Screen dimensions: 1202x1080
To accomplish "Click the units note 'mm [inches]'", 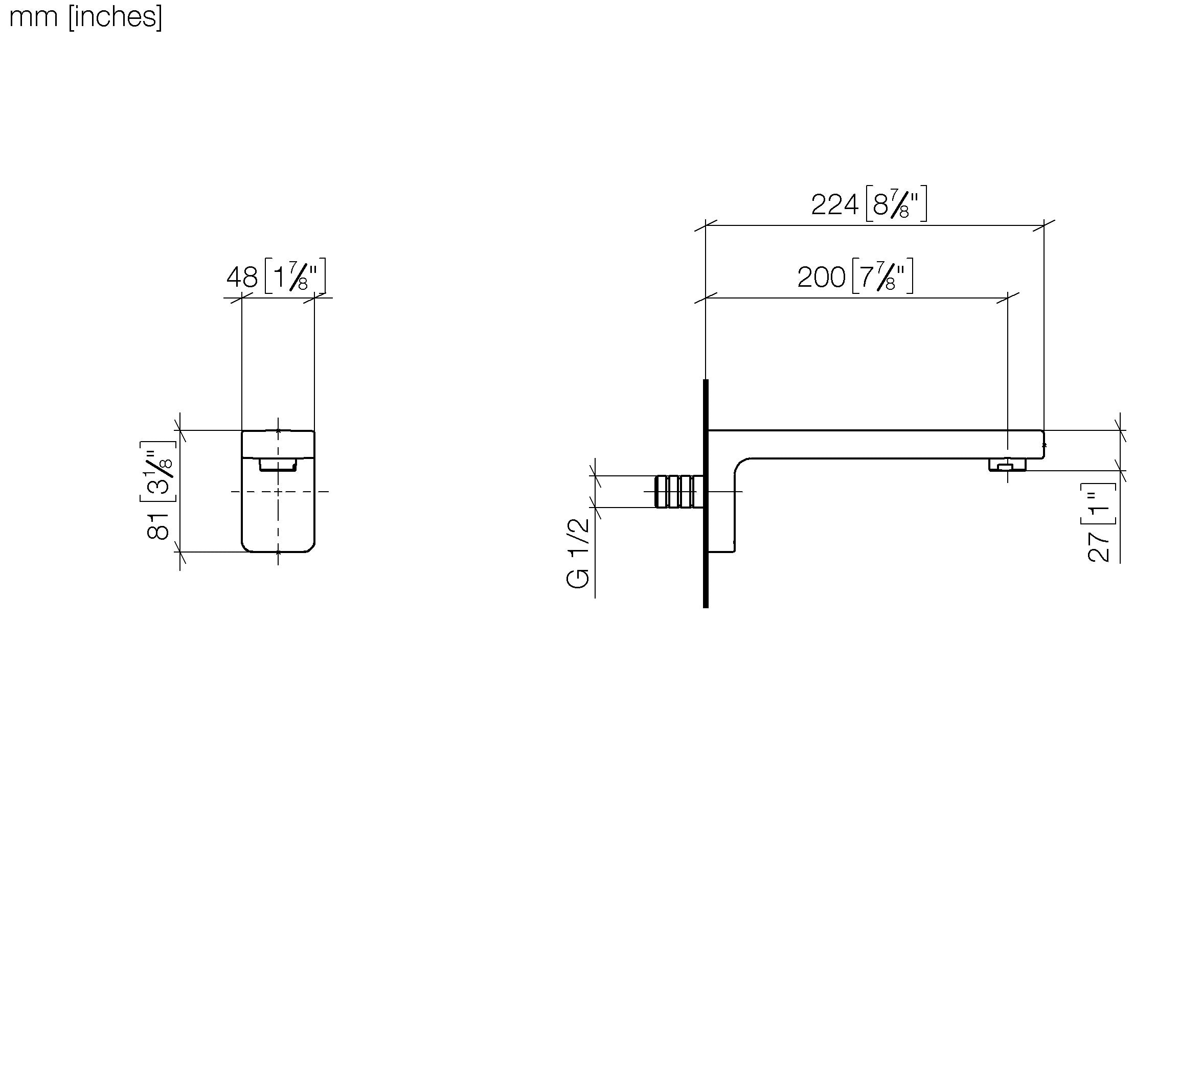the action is pos(85,17).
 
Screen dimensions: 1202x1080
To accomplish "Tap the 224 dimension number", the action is pos(834,205).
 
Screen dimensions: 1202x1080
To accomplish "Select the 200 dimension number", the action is pos(821,277).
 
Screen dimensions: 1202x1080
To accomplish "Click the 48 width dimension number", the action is pos(242,277).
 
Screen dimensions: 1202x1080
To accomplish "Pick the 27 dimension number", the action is pos(1099,546).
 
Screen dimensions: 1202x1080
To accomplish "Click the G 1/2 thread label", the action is pos(578,553).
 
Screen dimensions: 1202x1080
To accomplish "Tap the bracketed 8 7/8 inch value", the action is pos(896,203).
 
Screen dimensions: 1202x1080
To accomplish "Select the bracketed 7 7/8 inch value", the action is pos(882,275).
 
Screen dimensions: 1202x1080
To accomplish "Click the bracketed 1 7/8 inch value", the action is pos(295,275).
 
